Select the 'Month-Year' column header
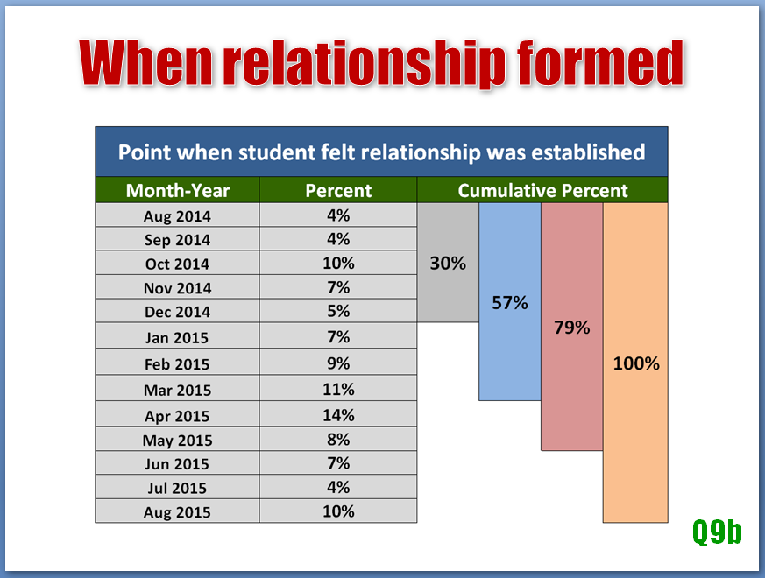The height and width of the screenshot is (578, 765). pos(178,190)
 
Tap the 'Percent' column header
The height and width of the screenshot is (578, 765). pos(338,190)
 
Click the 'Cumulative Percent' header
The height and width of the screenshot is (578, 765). pos(542,190)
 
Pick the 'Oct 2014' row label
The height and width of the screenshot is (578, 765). pos(177,264)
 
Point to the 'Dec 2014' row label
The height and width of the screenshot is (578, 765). pos(177,312)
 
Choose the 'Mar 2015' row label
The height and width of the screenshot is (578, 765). pos(177,391)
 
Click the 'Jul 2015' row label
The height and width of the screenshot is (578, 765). pos(177,488)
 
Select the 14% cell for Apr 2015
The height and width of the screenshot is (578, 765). pos(338,415)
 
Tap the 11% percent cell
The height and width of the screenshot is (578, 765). pos(338,389)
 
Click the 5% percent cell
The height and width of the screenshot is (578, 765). pos(338,311)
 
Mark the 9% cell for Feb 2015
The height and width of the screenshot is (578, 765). pos(338,363)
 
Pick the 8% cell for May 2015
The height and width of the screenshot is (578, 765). pos(338,440)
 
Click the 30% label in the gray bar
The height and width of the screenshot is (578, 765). pos(448,264)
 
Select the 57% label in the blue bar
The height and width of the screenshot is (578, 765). pos(510,303)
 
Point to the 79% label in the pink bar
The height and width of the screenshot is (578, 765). pos(572,328)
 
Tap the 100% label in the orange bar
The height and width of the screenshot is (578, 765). pos(636,363)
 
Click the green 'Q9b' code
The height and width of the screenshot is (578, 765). pos(717,532)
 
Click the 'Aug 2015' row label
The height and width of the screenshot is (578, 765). pos(177,512)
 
